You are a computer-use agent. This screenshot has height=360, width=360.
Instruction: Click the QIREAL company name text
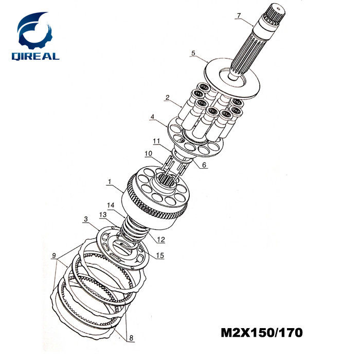pyautogui.click(x=35, y=57)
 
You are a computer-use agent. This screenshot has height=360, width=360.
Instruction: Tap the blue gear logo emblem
pyautogui.click(x=34, y=30)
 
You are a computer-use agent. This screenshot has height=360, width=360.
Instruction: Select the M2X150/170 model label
pyautogui.click(x=261, y=333)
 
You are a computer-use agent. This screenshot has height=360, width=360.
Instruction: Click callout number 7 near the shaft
pyautogui.click(x=239, y=15)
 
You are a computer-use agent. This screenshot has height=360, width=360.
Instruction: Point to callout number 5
pyautogui.click(x=193, y=53)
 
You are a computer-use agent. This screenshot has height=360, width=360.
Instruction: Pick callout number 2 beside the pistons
pyautogui.click(x=167, y=97)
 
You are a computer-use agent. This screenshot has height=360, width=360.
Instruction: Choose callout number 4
pyautogui.click(x=152, y=117)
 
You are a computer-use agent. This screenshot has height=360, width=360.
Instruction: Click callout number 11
pyautogui.click(x=156, y=141)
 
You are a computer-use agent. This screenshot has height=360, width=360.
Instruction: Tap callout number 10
pyautogui.click(x=148, y=153)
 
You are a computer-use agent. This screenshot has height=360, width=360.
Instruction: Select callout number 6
pyautogui.click(x=204, y=165)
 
